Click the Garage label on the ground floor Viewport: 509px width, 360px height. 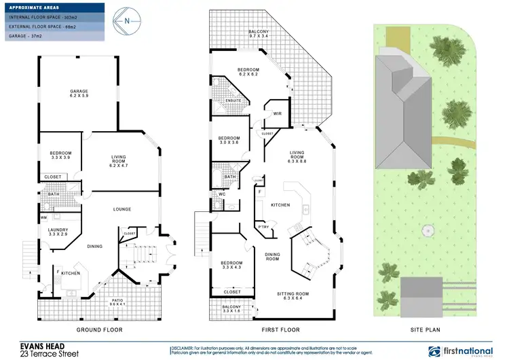coord(80,94)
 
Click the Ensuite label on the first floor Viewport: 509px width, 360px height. coord(233,101)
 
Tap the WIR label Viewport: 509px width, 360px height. coord(277,113)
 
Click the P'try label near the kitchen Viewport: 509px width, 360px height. coord(264,226)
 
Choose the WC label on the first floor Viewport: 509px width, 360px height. coord(222,194)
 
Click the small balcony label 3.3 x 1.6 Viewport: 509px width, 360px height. coord(232,310)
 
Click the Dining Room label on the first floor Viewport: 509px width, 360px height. coord(272,256)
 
